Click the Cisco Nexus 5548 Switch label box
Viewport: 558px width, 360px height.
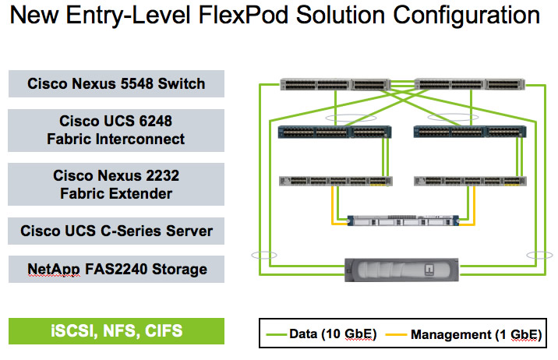(x=116, y=84)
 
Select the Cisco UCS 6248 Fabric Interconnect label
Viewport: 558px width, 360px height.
(x=116, y=130)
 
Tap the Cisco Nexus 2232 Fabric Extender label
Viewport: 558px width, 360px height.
(x=116, y=185)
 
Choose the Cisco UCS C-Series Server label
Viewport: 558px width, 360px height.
(x=116, y=231)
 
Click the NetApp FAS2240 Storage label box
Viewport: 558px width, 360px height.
(x=116, y=270)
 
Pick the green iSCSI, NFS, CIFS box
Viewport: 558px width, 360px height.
(x=116, y=331)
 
